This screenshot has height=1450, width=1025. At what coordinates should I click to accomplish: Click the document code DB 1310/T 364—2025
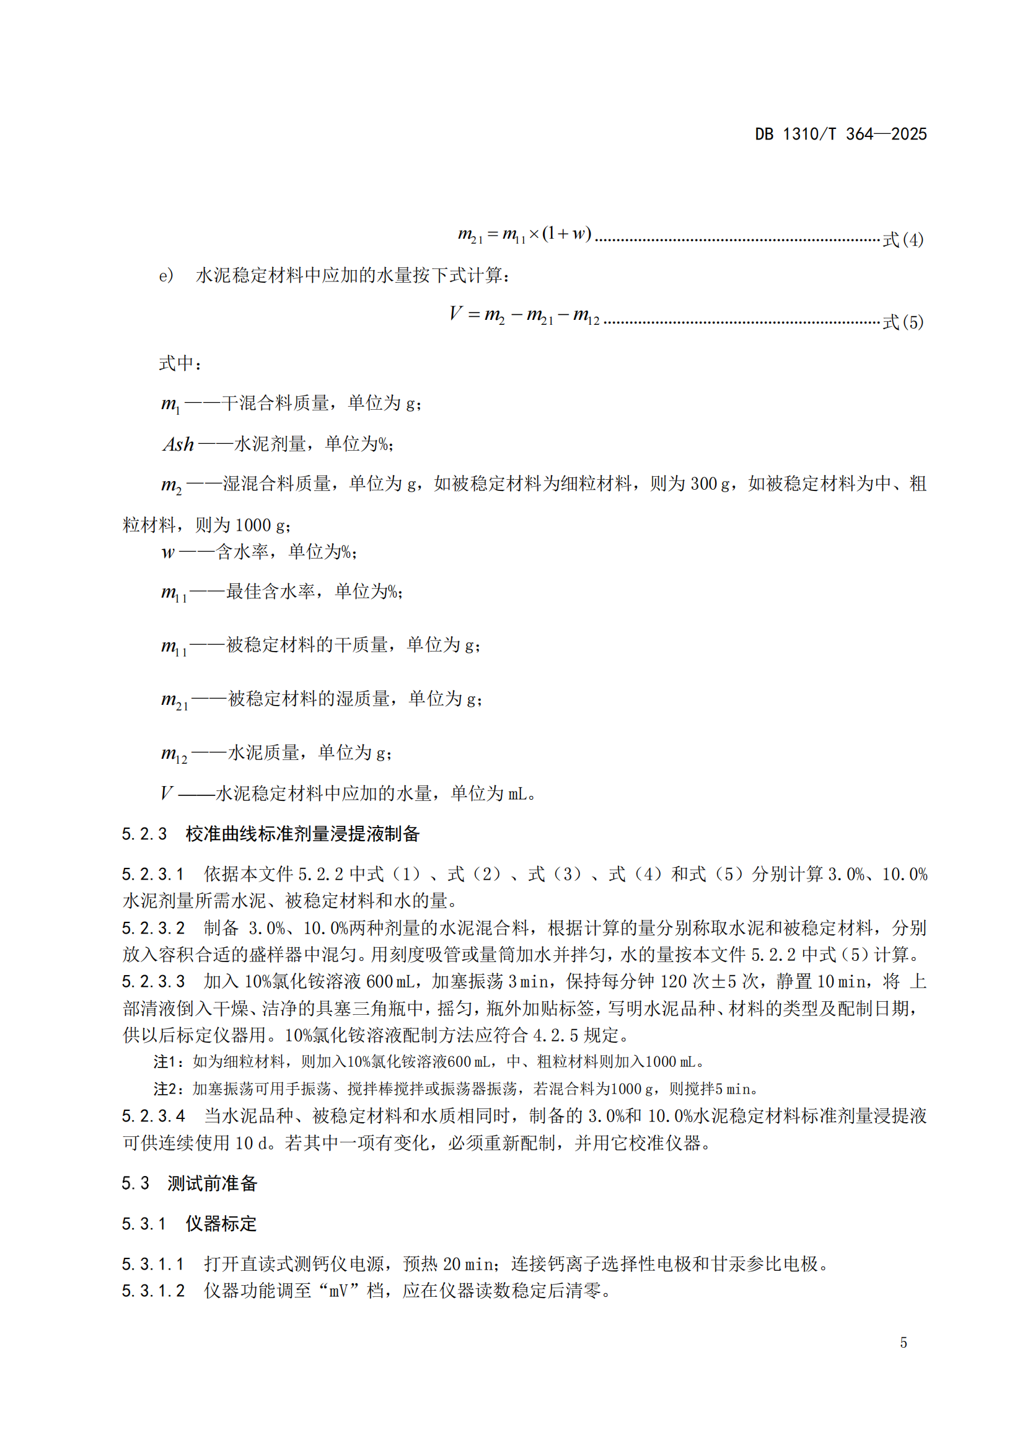click(x=840, y=134)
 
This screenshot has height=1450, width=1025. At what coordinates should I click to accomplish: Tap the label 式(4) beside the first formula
click(x=902, y=240)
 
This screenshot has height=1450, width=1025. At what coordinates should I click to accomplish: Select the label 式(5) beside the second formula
click(x=902, y=323)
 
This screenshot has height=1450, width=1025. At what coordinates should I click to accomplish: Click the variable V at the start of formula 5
click(x=455, y=313)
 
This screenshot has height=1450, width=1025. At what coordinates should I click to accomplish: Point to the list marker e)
click(x=166, y=276)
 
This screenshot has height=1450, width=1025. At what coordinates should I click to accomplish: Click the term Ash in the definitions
click(x=178, y=444)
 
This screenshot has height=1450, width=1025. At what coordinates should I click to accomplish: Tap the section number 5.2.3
click(x=144, y=834)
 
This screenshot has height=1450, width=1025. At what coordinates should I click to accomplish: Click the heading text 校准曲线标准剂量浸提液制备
click(x=302, y=834)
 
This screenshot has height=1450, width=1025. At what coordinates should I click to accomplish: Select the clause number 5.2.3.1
click(x=153, y=875)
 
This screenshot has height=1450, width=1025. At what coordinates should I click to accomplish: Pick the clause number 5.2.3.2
click(x=153, y=929)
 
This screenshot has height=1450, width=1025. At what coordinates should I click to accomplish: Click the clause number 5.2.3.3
click(x=153, y=982)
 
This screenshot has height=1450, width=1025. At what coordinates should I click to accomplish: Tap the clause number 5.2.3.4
click(x=153, y=1116)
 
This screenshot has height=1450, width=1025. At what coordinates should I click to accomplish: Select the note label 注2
click(x=165, y=1089)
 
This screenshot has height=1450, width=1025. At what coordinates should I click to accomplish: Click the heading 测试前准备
click(x=212, y=1183)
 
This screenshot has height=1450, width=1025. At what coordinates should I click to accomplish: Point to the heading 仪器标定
click(x=221, y=1224)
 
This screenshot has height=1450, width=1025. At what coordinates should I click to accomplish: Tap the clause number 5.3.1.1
click(x=153, y=1264)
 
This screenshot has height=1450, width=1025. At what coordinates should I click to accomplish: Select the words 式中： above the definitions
click(x=180, y=364)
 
